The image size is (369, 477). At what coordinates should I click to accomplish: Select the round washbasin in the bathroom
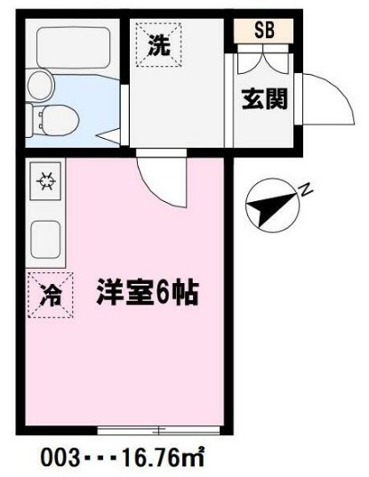pos(39,85)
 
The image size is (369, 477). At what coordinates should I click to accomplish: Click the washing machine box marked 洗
pos(157,43)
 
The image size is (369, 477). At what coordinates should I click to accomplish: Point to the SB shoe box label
pos(265,29)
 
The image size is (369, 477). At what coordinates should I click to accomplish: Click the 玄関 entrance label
pos(265,100)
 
